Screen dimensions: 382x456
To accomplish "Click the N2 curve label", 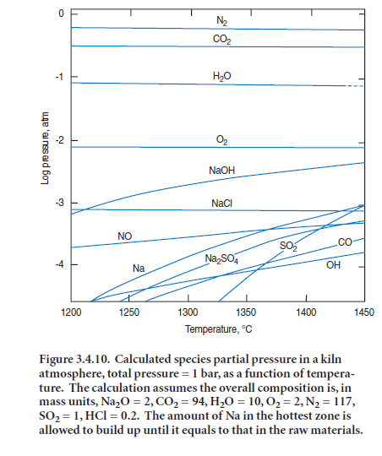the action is [x=221, y=21].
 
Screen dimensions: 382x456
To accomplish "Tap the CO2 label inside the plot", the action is [x=222, y=39].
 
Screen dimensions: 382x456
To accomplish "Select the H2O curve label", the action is [x=222, y=76].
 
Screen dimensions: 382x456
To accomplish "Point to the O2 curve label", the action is [x=222, y=140].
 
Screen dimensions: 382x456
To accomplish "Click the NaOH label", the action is [x=222, y=170].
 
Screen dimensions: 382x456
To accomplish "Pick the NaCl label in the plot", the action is [x=222, y=203].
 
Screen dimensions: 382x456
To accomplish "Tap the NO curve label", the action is [x=124, y=236].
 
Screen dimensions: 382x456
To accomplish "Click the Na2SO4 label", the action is [x=221, y=259].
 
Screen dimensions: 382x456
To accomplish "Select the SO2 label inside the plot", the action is [x=288, y=247].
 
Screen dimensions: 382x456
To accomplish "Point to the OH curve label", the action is [x=333, y=265].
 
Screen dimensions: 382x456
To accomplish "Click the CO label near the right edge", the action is [x=345, y=242].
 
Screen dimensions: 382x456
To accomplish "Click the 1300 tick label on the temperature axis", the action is [x=188, y=312].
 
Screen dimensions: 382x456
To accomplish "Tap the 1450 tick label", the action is [x=364, y=312].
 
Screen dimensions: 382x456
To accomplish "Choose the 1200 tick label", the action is [x=71, y=312].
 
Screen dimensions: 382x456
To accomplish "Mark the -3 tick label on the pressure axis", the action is [x=60, y=203].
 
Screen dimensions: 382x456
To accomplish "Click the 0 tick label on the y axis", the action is [x=61, y=14].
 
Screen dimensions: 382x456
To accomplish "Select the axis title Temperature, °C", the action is [x=219, y=329].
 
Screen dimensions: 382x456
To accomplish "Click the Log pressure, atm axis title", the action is [x=45, y=149].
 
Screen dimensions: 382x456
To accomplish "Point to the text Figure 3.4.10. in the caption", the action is [x=74, y=360].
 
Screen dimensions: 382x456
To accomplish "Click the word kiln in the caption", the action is [x=331, y=359].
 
